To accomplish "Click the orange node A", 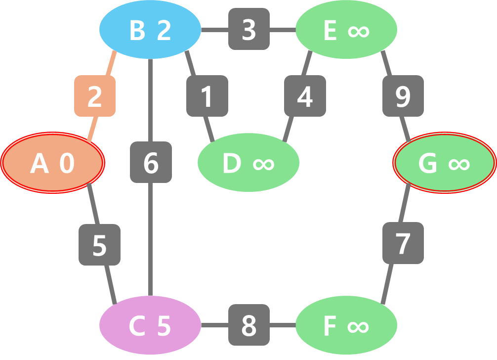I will coord(52,162).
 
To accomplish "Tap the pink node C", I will coord(150,325).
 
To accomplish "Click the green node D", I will coord(248,162).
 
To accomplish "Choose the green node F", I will coord(346,325).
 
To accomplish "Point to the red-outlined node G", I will coord(444,162).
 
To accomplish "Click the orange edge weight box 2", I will coord(95,96).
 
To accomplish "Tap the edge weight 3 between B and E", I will coord(249,29).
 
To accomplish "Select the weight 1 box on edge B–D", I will coord(207,96).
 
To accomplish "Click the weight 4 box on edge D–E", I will coord(305,96).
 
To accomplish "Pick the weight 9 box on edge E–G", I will coord(403,96).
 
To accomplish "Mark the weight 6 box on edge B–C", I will coord(151,162).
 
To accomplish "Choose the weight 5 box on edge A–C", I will coord(99,244).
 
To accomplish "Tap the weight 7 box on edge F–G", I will coord(403,243).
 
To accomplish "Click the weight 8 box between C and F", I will coord(249,325).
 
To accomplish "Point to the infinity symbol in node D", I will coord(263,163).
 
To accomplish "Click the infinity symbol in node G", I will coord(459,163).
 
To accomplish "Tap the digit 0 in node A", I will coord(67,163).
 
